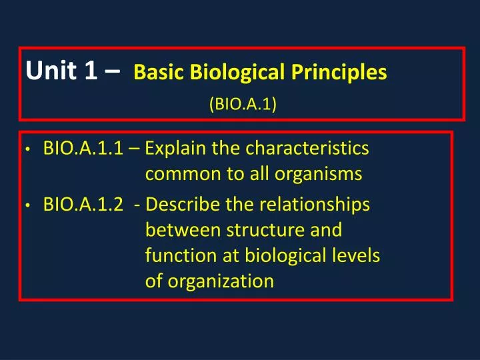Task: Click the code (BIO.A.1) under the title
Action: point(243,104)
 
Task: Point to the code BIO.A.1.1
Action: point(83,148)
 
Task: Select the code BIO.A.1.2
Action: point(83,205)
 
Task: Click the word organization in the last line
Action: point(219,281)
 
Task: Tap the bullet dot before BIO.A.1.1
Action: point(27,149)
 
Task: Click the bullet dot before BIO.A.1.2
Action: point(27,206)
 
